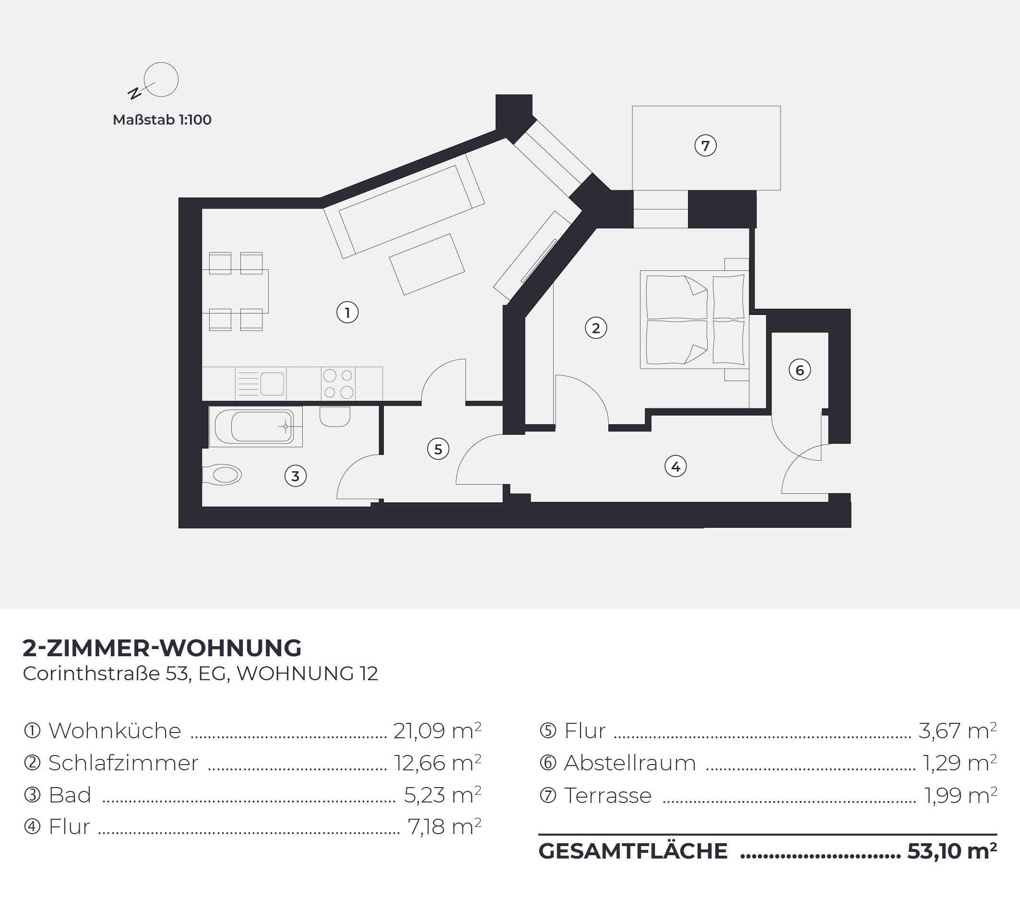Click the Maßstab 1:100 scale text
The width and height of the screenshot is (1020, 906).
pyautogui.click(x=162, y=120)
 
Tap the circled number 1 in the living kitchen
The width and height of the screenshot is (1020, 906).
pyautogui.click(x=347, y=313)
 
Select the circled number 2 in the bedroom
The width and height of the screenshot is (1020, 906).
pyautogui.click(x=596, y=328)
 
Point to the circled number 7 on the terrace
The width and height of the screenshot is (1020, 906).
pyautogui.click(x=706, y=146)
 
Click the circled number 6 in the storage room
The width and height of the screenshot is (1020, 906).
pyautogui.click(x=799, y=370)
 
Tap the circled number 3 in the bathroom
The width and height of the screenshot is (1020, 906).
pyautogui.click(x=296, y=476)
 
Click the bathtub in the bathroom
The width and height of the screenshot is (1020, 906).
pyautogui.click(x=256, y=426)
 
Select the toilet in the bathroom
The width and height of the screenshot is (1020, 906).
pyautogui.click(x=222, y=475)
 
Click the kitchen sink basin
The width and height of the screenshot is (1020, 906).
pyautogui.click(x=272, y=384)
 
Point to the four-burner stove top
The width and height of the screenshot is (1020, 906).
pyautogui.click(x=338, y=383)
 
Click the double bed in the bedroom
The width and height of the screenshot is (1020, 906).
pyautogui.click(x=694, y=320)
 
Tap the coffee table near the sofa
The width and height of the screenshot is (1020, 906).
pyautogui.click(x=427, y=264)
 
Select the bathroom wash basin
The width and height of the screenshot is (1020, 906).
pyautogui.click(x=334, y=417)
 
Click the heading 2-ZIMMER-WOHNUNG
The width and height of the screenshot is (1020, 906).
pyautogui.click(x=162, y=648)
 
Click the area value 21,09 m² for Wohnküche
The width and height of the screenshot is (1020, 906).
pyautogui.click(x=437, y=731)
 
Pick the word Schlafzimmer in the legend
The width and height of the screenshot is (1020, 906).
pyautogui.click(x=123, y=763)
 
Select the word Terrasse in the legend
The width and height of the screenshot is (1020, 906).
pyautogui.click(x=608, y=795)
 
